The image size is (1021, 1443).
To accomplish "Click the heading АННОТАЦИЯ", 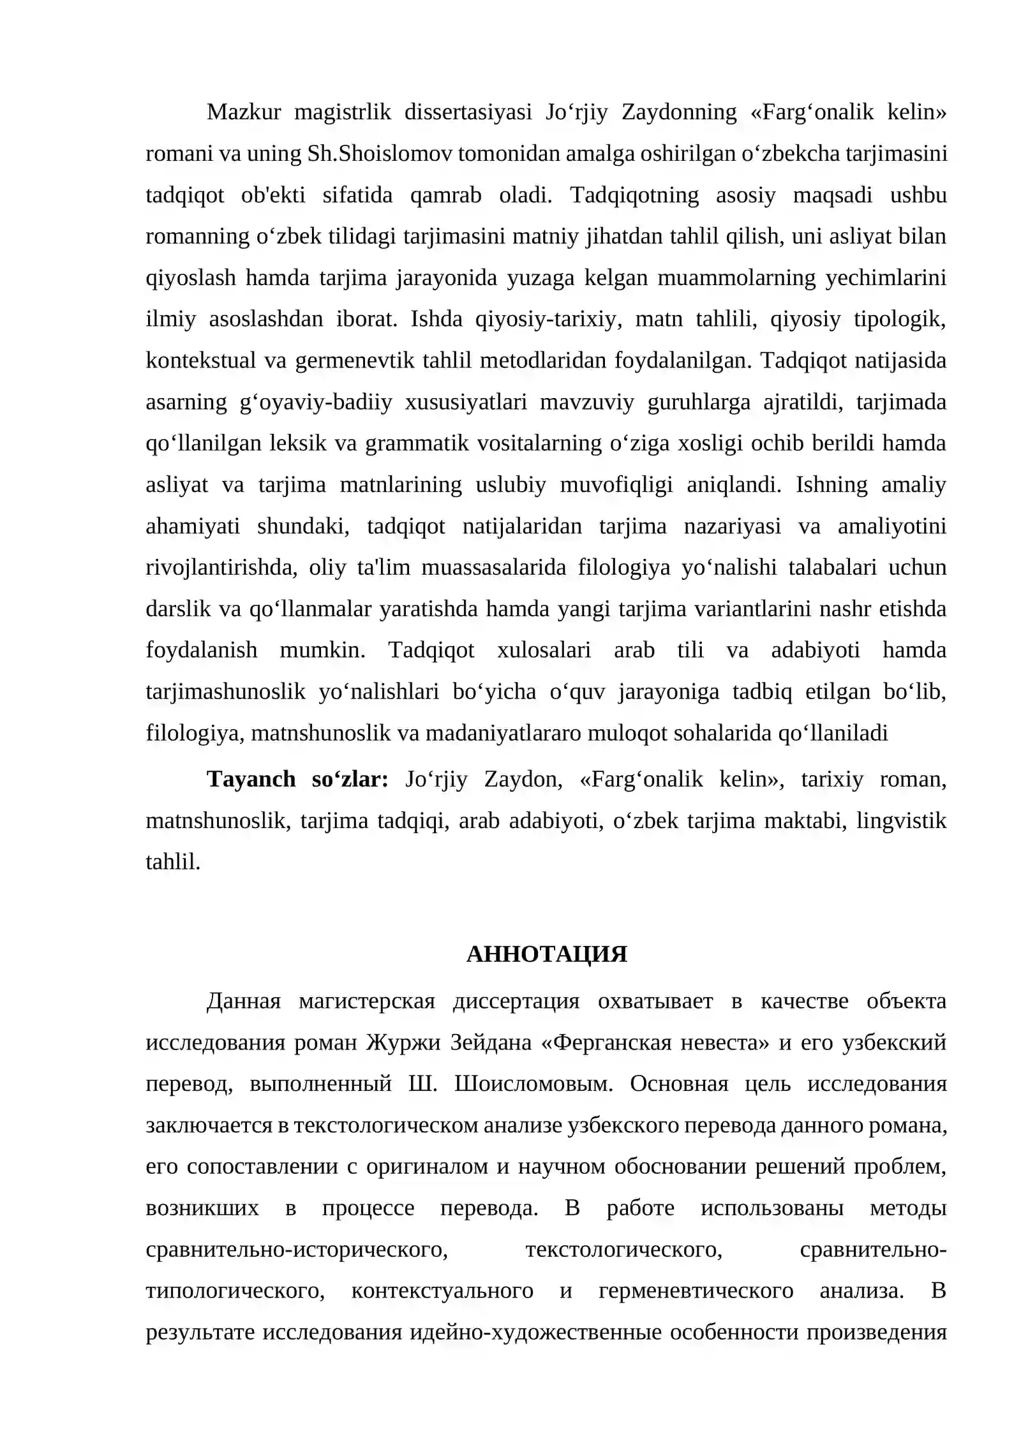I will point(546,954).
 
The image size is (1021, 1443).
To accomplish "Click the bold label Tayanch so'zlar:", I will point(297,780).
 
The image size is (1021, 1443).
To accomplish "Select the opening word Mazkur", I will point(244,112).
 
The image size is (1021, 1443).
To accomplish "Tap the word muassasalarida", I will point(493,568).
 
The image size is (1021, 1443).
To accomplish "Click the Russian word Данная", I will point(244,1002).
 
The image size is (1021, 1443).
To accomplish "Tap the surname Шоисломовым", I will point(533,1084).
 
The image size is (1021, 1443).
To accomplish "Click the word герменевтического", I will point(696,1291).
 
